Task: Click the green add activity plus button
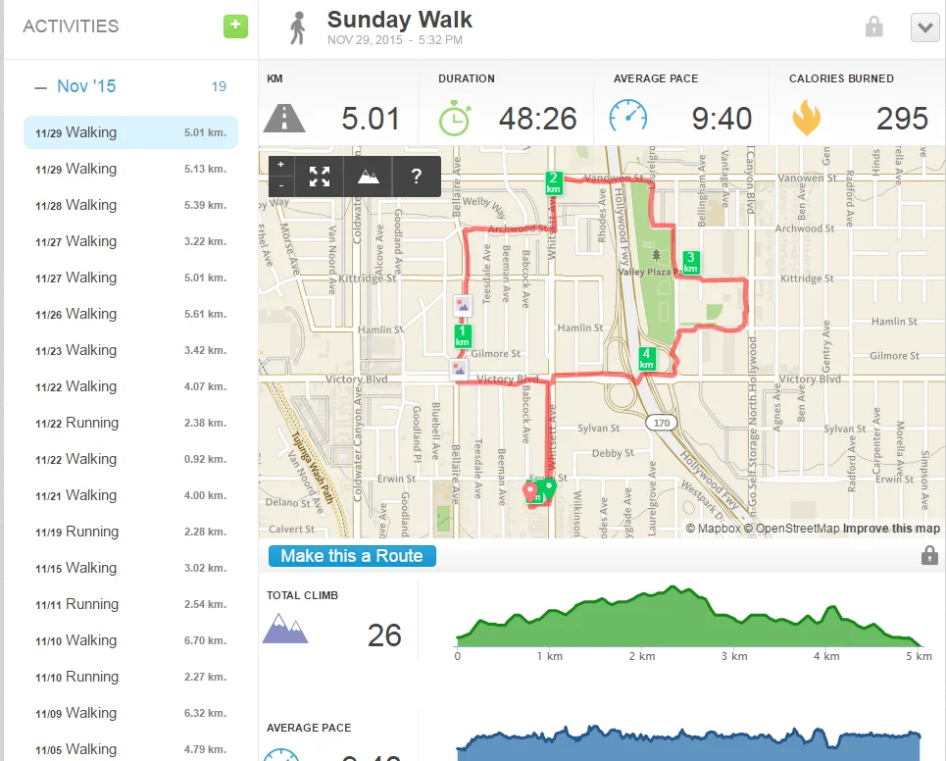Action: point(235,26)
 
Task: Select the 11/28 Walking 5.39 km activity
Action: point(130,205)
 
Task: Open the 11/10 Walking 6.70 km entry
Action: point(130,640)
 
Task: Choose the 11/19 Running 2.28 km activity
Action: point(130,532)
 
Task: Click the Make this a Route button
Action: point(352,556)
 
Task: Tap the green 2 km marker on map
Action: point(554,182)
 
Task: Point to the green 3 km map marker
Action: point(690,262)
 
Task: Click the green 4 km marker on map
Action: point(646,359)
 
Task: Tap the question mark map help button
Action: point(417,177)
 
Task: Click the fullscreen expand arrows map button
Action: point(320,177)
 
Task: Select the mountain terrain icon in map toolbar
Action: point(368,177)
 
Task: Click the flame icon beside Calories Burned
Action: point(806,118)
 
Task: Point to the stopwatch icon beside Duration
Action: point(454,118)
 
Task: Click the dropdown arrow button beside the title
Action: point(924,27)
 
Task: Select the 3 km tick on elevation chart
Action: point(734,656)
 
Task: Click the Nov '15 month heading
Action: point(86,86)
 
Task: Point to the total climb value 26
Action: point(384,635)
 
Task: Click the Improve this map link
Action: point(891,529)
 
